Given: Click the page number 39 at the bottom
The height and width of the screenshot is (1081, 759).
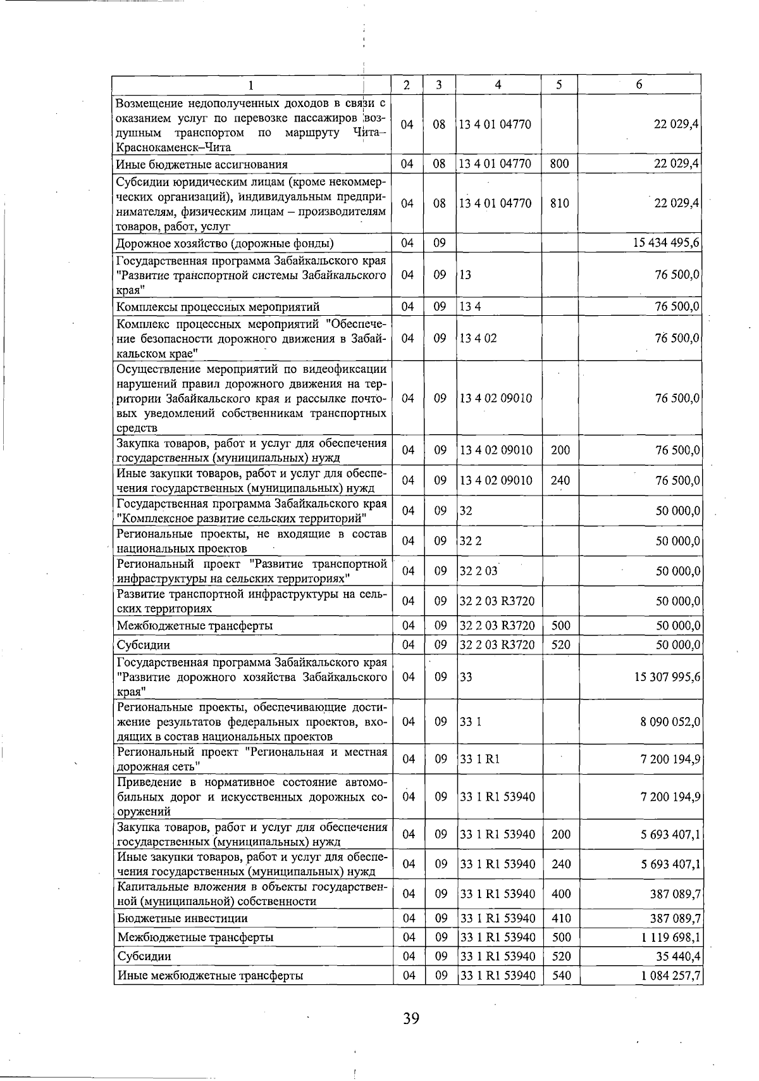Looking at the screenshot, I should [x=411, y=1018].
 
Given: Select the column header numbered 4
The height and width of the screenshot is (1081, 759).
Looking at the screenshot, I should [x=498, y=85].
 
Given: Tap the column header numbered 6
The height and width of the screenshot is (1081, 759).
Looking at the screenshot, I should [x=639, y=85].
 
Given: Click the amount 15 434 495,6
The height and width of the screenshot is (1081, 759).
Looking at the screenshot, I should [x=666, y=243].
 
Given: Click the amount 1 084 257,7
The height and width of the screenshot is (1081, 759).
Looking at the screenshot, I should [x=670, y=975].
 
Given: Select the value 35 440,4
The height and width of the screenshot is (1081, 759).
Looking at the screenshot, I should [x=677, y=956].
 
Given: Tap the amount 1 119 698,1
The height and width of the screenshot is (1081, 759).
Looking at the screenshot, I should [x=670, y=937].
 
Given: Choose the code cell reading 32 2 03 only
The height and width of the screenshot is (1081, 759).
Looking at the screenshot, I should [x=478, y=571].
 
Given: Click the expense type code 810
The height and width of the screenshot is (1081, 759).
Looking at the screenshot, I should [x=560, y=203].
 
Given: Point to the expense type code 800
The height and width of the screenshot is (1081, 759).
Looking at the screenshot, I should [x=560, y=164].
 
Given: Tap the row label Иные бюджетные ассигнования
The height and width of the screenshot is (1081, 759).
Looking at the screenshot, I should [x=202, y=165].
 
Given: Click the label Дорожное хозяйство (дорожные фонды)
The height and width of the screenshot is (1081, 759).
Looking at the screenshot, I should [x=225, y=243].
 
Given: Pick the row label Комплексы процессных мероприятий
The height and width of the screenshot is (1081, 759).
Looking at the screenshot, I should [x=218, y=307].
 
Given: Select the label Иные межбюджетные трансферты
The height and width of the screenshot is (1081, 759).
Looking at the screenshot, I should [x=210, y=975].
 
